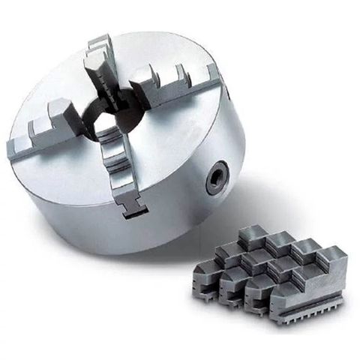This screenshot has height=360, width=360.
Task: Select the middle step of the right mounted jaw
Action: point(180,74)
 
